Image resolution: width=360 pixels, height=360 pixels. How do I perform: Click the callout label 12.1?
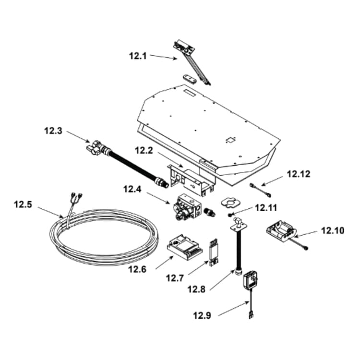coord(138,56)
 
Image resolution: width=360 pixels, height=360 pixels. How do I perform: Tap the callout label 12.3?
coord(53,131)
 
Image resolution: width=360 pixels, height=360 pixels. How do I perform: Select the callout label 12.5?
coord(23,204)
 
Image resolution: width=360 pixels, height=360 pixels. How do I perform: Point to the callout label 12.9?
coord(202,315)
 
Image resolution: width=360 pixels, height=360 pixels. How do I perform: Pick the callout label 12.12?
coord(299,174)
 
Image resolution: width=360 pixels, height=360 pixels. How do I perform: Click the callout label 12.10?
coord(333,230)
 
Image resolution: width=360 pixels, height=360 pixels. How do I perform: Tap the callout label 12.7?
coord(175,278)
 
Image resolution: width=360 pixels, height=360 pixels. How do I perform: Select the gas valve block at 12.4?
coord(188,206)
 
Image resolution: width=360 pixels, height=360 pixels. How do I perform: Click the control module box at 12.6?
coord(185,247)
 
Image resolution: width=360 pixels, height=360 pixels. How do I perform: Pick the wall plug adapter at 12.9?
coord(251,280)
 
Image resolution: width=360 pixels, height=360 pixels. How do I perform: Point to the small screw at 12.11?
coord(230,215)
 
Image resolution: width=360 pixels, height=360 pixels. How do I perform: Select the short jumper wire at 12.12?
coord(260,190)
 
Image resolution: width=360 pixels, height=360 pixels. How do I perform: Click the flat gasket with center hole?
coord(230,203)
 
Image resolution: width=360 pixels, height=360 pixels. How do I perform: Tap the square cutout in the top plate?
coord(230,140)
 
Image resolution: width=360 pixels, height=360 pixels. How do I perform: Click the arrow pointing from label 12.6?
coord(164,263)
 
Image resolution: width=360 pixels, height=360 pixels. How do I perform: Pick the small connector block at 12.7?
coord(214,252)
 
